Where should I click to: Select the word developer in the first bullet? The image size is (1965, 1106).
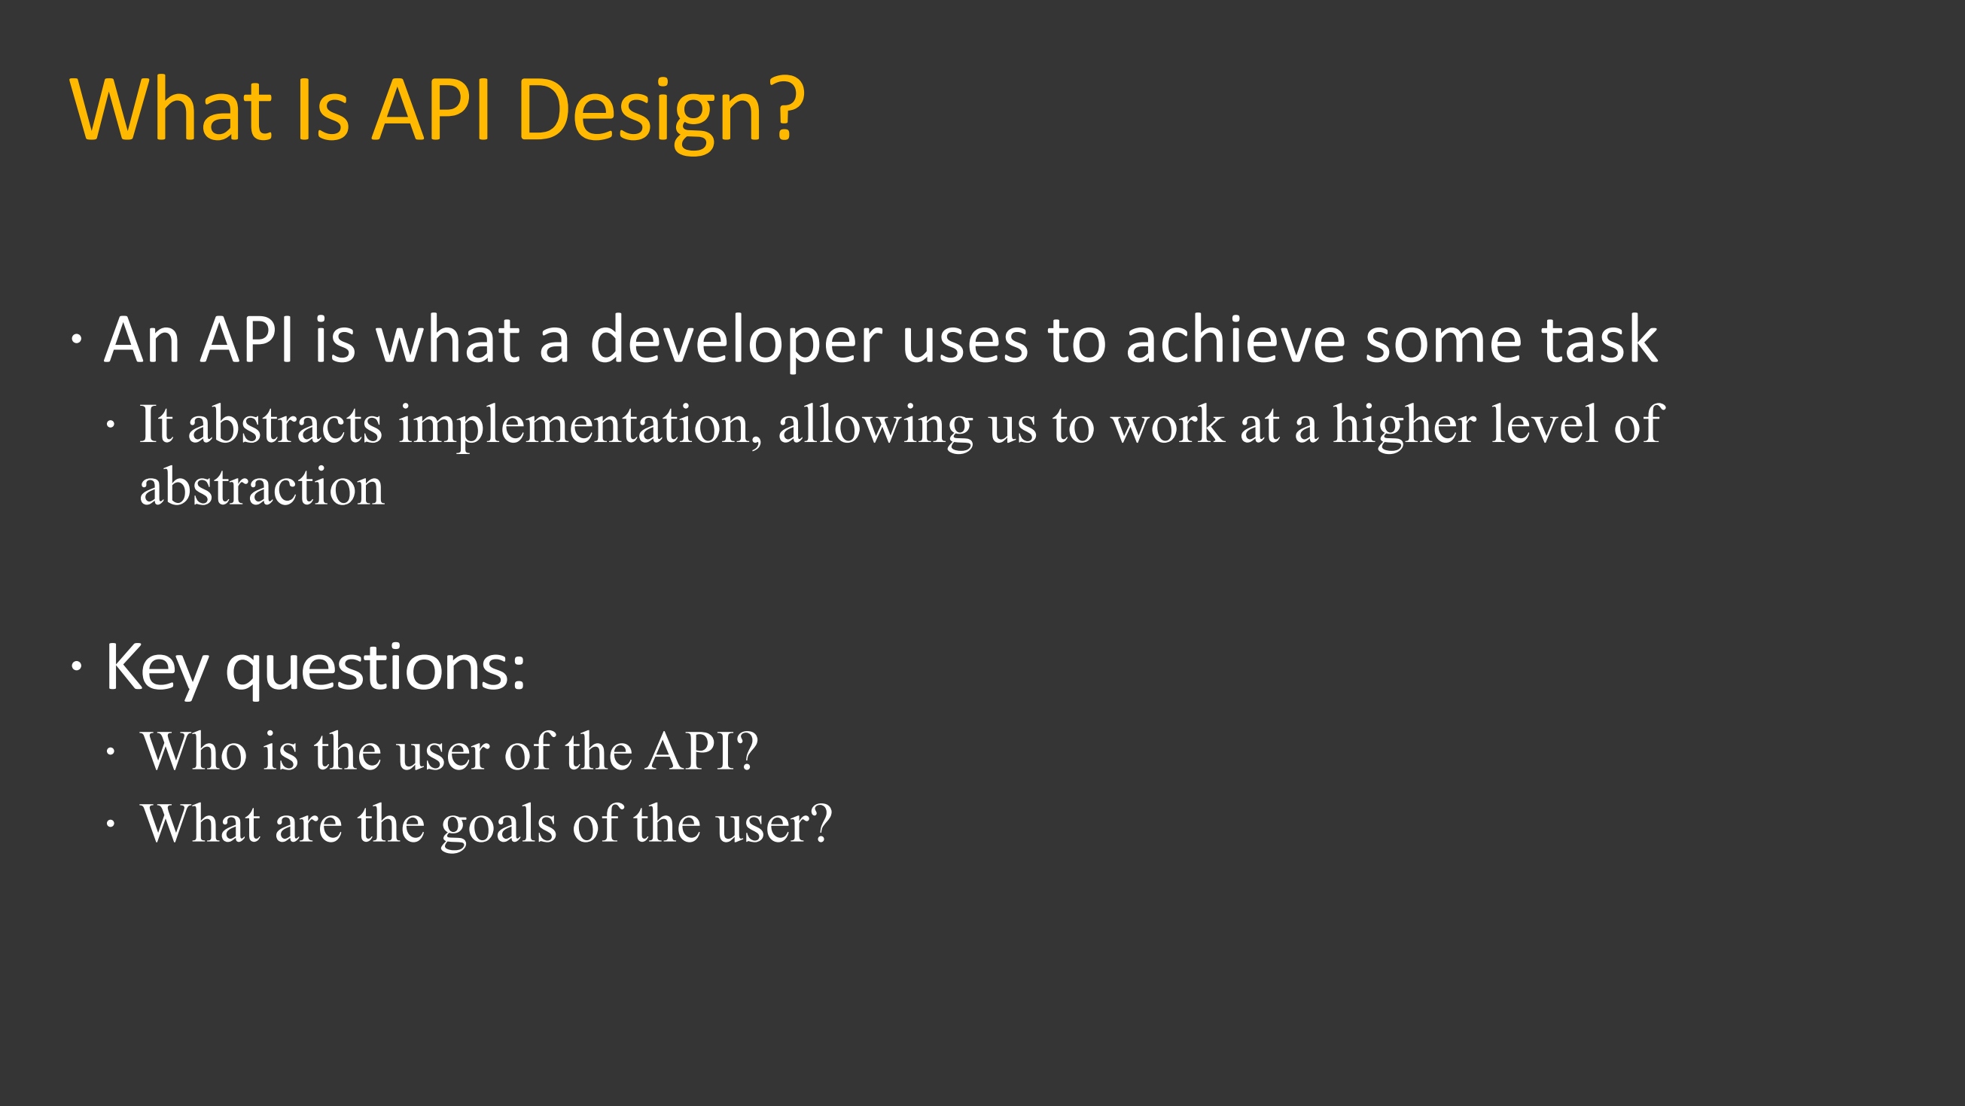point(736,341)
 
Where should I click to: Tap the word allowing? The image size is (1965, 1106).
point(875,425)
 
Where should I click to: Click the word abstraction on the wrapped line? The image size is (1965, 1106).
point(262,487)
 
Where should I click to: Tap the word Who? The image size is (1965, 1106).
point(193,751)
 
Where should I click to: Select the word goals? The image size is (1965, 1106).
point(499,824)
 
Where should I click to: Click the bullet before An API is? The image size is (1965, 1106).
point(76,339)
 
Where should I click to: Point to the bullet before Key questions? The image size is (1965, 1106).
point(76,666)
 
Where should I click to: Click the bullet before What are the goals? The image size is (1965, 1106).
point(111,824)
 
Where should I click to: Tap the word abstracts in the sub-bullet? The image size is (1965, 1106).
point(285,425)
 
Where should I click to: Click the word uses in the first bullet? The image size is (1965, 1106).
point(964,341)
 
